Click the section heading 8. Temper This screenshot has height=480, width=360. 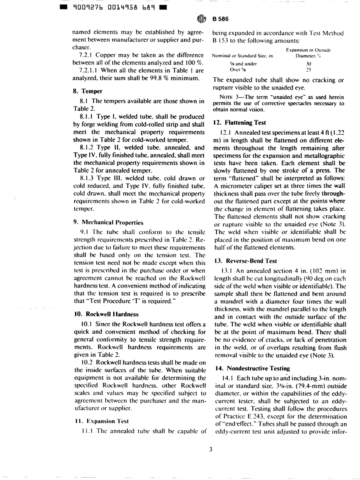(87, 81)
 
